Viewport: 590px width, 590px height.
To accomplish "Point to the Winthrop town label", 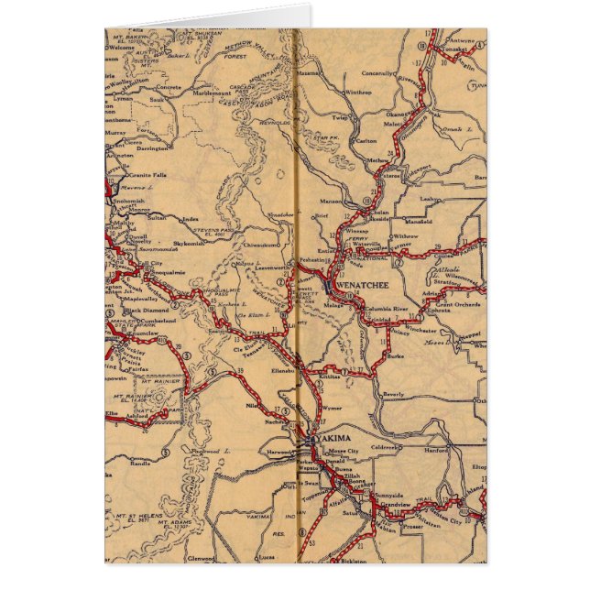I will (358, 93).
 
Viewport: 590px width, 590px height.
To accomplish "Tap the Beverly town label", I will (393, 393).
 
